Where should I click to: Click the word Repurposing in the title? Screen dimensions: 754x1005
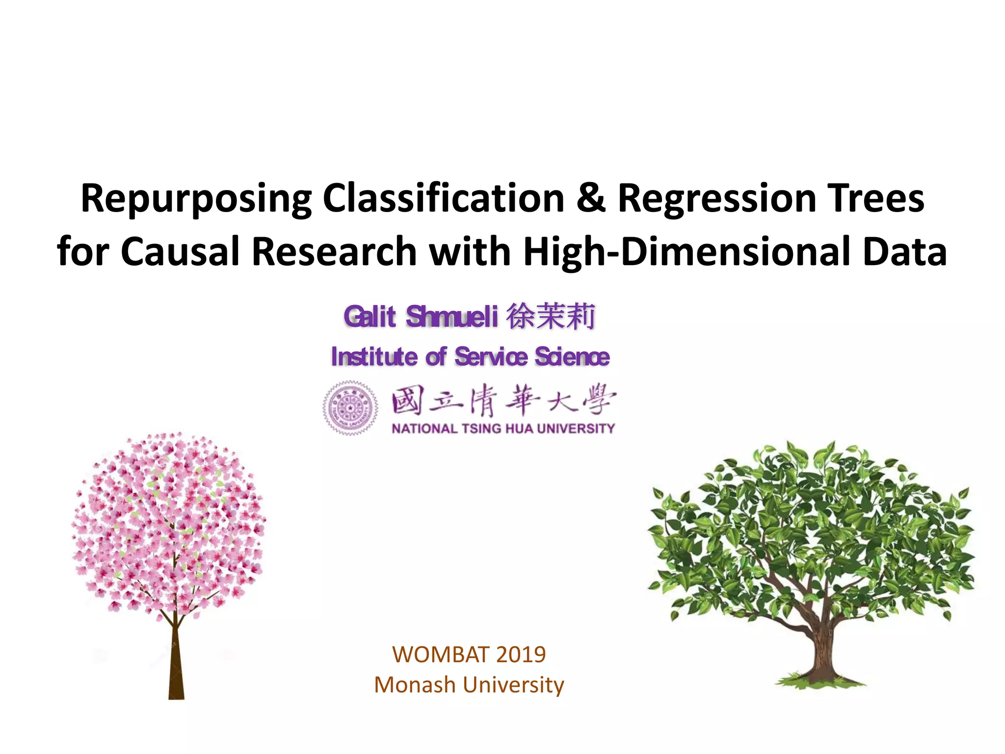click(x=195, y=199)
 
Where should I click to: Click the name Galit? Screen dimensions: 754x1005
click(x=370, y=317)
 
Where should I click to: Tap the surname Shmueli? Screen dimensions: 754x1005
click(x=452, y=317)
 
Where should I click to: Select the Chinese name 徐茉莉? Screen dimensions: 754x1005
click(x=551, y=317)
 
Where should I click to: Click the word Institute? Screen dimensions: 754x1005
click(x=374, y=357)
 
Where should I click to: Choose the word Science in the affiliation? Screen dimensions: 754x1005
click(x=572, y=357)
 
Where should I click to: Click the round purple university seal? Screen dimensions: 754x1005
click(x=350, y=408)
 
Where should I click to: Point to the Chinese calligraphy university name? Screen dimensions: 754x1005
click(x=503, y=401)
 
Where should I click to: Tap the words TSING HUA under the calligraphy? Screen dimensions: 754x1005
click(x=498, y=429)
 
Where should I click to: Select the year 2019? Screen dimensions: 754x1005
click(x=521, y=654)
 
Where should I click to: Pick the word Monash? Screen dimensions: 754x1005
click(x=415, y=685)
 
